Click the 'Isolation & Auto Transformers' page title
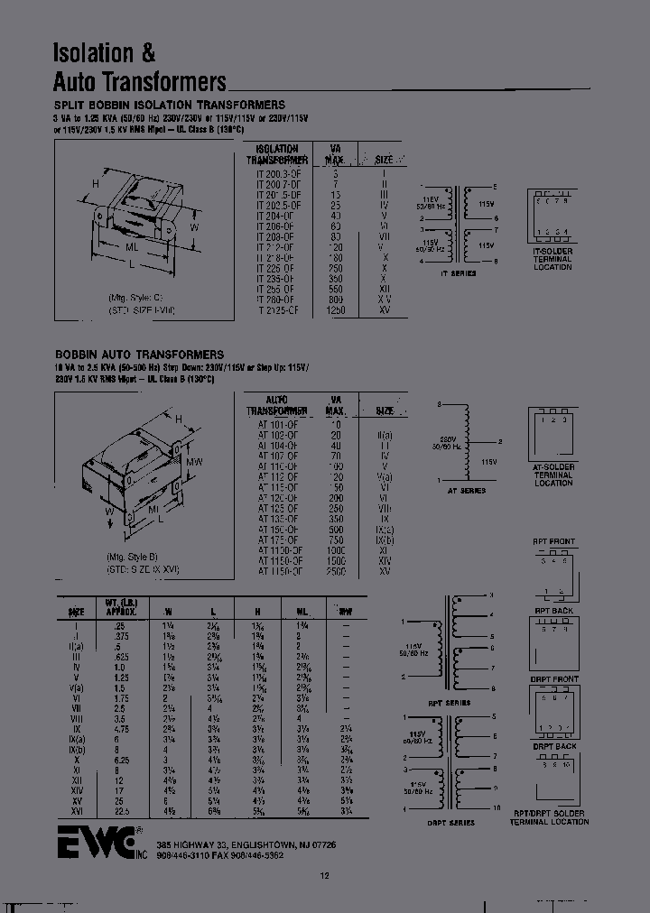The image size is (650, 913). pyautogui.click(x=140, y=69)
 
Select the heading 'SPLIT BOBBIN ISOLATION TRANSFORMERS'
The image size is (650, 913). pyautogui.click(x=170, y=106)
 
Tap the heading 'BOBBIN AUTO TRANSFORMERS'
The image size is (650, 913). pyautogui.click(x=139, y=355)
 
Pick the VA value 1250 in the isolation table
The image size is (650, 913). pyautogui.click(x=336, y=309)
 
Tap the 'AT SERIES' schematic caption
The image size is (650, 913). pyautogui.click(x=466, y=491)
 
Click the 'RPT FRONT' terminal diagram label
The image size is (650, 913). pyautogui.click(x=553, y=542)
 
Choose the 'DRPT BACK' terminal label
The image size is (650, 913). pyautogui.click(x=552, y=746)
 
